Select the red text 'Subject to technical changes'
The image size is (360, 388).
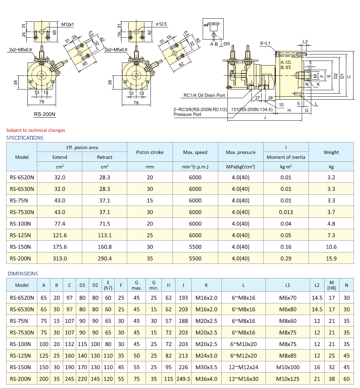tap(35, 130)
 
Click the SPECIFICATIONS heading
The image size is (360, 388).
tap(25, 138)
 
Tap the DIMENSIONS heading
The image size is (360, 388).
tap(23, 273)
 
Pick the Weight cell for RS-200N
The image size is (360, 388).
tap(331, 258)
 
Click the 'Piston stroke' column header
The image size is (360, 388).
tap(150, 152)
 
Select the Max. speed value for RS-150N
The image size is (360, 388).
tap(195, 247)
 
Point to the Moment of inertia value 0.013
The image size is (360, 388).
tap(286, 212)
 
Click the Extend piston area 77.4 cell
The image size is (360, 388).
tap(60, 224)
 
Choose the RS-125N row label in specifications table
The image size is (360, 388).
tap(22, 235)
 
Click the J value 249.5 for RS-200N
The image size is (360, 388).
tap(183, 379)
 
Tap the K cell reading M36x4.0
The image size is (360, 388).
tap(206, 379)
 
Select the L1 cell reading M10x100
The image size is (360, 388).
tap(288, 367)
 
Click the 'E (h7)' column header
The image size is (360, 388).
tap(108, 285)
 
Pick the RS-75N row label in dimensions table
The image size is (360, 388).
tap(22, 321)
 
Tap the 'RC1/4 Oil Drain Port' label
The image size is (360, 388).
tap(204, 96)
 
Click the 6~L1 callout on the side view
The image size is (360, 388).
tap(265, 43)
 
